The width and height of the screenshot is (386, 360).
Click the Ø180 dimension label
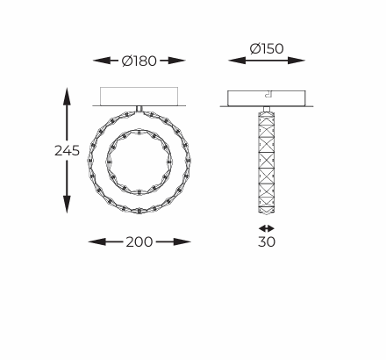(139, 61)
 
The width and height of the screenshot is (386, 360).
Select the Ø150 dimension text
(267, 49)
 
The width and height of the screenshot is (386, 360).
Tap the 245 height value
(67, 150)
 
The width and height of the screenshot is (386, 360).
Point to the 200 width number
(139, 241)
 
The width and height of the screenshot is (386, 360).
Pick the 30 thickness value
(267, 241)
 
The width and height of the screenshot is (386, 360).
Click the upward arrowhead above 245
(67, 92)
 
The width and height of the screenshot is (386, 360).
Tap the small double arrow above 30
(267, 227)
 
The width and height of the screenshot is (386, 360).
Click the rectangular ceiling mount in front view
(139, 96)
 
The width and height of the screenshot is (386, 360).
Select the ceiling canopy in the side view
(267, 97)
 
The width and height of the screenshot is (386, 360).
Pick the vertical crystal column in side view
(267, 158)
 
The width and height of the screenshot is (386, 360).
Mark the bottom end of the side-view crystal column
(267, 211)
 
